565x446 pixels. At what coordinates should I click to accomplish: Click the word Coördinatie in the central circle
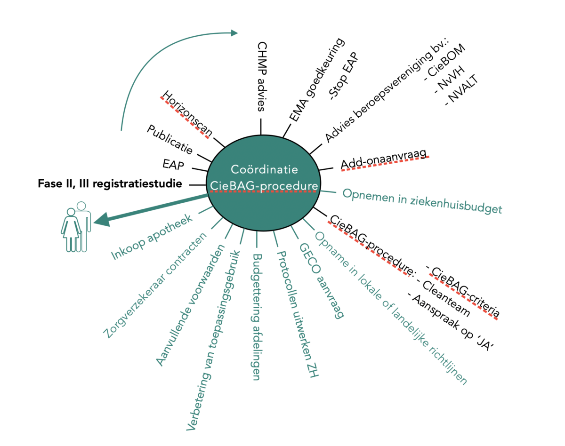[x=265, y=169]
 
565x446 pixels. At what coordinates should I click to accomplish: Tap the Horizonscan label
[x=187, y=114]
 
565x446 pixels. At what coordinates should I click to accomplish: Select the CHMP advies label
[x=262, y=76]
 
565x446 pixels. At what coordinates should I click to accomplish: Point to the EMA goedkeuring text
[x=317, y=80]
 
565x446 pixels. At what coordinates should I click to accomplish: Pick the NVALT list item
[x=461, y=90]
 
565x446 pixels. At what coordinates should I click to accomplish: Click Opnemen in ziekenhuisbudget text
[x=422, y=201]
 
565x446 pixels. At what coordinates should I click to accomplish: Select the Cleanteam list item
[x=443, y=298]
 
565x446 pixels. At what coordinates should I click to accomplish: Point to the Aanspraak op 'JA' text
[x=451, y=322]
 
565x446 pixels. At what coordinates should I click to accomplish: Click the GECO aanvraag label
[x=322, y=281]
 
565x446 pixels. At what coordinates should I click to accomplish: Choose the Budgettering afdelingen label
[x=257, y=317]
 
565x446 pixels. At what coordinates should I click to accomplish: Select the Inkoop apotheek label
[x=152, y=237]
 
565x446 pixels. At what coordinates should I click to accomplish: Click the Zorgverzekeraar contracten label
[x=155, y=285]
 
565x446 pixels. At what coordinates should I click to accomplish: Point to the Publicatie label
[x=169, y=139]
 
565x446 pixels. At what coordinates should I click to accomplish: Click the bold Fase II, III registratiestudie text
[x=110, y=183]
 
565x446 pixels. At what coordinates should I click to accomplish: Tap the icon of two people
[x=76, y=227]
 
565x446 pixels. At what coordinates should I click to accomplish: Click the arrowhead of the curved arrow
[x=234, y=33]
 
